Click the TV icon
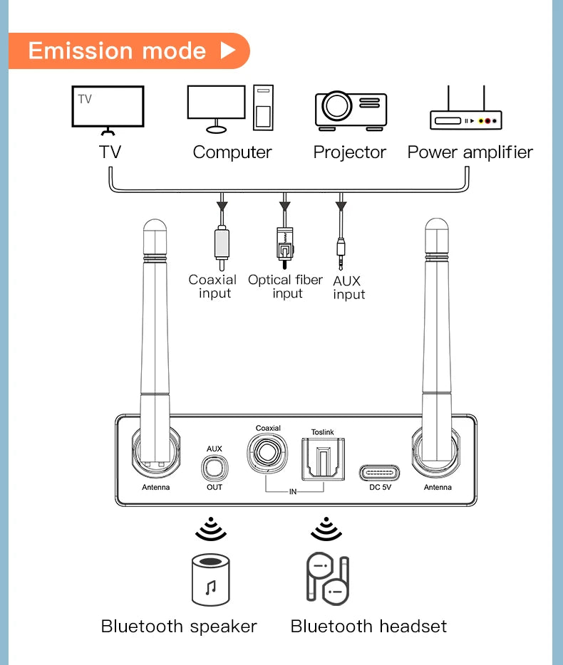pyautogui.click(x=108, y=108)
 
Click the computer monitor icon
pyautogui.click(x=216, y=106)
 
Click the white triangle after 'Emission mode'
pyautogui.click(x=227, y=51)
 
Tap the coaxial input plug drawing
pyautogui.click(x=222, y=246)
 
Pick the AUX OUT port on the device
pyautogui.click(x=215, y=468)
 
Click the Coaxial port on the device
pyautogui.click(x=268, y=453)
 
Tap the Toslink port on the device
pyautogui.click(x=322, y=458)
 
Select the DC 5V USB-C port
pyautogui.click(x=379, y=472)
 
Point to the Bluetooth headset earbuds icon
pyautogui.click(x=327, y=577)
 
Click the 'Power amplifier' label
pyautogui.click(x=470, y=152)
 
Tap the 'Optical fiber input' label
pyautogui.click(x=286, y=286)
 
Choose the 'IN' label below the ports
pyautogui.click(x=293, y=492)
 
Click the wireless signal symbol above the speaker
pyautogui.click(x=210, y=528)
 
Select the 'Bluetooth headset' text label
pyautogui.click(x=368, y=627)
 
